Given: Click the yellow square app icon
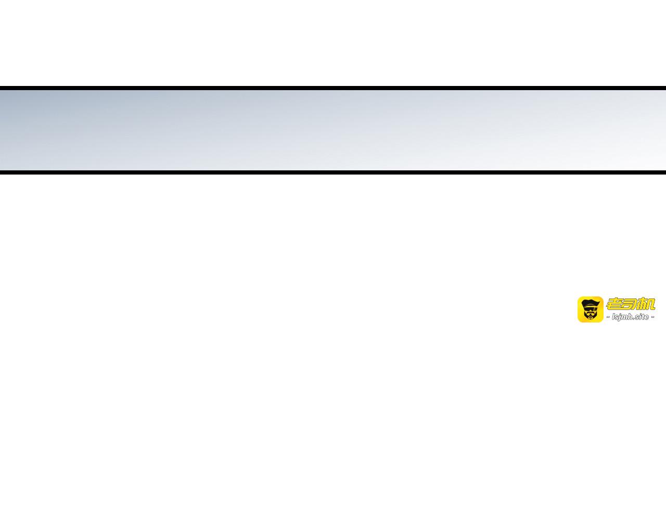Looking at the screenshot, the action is tap(591, 309).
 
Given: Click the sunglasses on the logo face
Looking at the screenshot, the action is tap(591, 308).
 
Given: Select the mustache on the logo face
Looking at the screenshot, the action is tap(591, 313).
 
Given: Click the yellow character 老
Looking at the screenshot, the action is tap(615, 304).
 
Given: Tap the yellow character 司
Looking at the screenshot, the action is tap(629, 304).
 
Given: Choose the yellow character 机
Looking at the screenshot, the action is tap(645, 304).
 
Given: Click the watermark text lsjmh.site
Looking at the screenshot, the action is tap(631, 317).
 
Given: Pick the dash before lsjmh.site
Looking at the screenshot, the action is tap(608, 317).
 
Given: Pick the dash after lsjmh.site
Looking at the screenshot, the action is tap(652, 317).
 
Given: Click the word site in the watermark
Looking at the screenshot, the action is tap(642, 317).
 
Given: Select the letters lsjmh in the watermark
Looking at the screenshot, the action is tap(622, 317).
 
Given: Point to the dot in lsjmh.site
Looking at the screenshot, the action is tap(634, 319).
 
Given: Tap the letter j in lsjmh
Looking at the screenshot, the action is tap(619, 317).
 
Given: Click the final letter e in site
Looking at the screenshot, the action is tap(646, 317).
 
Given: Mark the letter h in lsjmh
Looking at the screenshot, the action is tap(630, 317).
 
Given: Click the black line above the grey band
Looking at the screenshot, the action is tap(333, 88).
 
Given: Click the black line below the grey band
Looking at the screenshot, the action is tap(333, 172).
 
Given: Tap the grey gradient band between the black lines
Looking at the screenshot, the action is tap(333, 130).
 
